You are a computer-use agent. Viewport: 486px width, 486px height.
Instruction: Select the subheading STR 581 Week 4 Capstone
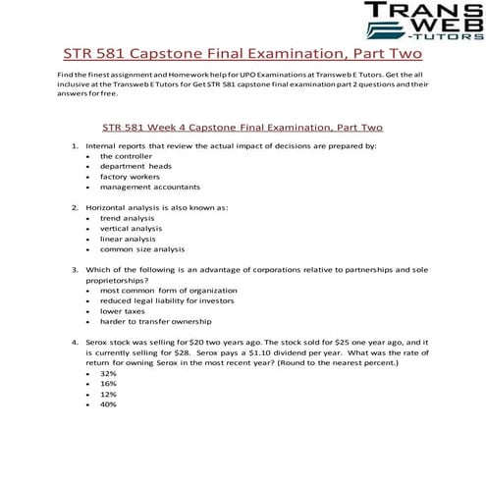[x=242, y=127]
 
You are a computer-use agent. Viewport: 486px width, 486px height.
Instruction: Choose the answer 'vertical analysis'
[x=132, y=228]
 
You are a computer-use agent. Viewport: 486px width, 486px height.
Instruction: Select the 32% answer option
[x=108, y=373]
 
